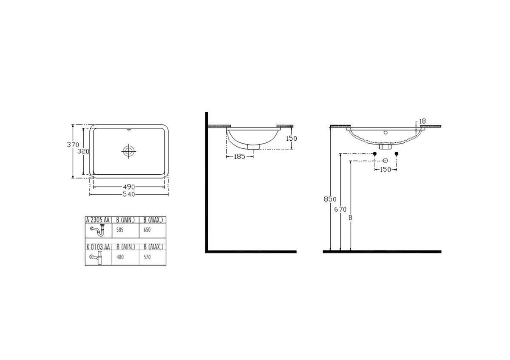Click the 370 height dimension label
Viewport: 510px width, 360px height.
pos(73,145)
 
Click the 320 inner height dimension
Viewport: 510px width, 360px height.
pos(83,151)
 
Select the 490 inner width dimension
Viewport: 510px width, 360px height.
pos(129,187)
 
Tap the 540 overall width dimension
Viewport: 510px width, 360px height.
pos(129,194)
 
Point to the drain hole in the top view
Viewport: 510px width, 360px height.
pos(129,151)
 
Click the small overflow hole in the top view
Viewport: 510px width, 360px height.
pos(129,130)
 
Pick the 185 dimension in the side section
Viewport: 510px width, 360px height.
pos(240,157)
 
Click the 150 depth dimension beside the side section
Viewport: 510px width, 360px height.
pos(292,139)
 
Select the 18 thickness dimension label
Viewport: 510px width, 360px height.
pos(422,121)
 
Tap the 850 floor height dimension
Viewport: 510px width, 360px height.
pos(330,199)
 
